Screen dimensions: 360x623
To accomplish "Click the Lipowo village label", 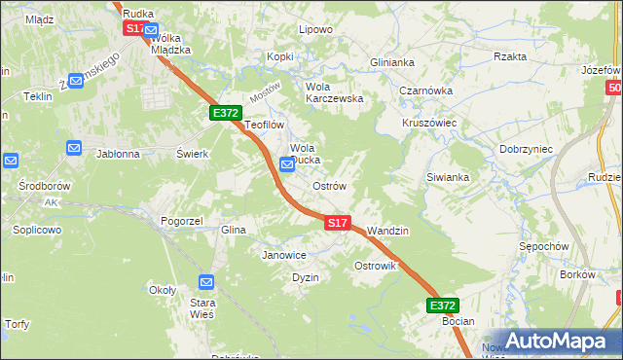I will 315,29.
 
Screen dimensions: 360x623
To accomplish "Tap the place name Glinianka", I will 391,61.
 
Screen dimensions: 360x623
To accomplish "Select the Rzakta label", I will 510,56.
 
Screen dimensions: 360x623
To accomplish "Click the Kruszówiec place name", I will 429,124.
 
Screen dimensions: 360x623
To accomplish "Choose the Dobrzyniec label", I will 526,149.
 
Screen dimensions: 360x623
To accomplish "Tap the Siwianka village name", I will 448,177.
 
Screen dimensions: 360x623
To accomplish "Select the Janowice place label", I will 284,255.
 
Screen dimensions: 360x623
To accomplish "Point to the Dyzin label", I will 306,277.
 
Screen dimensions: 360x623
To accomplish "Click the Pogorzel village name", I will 182,221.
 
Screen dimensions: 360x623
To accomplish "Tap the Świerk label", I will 193,154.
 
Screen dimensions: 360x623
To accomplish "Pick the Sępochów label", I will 543,246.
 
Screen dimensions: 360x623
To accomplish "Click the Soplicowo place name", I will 37,231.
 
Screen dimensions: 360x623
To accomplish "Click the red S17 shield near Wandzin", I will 337,223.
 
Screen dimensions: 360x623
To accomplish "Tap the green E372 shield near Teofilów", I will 226,113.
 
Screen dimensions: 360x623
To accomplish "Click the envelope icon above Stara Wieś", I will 206,282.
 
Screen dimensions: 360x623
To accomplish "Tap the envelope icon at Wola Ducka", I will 287,164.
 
